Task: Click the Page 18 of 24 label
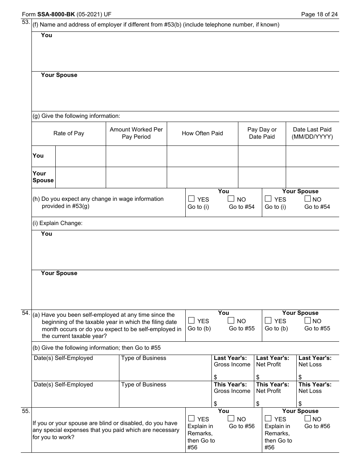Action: pyautogui.click(x=319, y=15)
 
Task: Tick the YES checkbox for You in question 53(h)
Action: pyautogui.click(x=191, y=199)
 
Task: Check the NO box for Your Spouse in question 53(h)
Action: pyautogui.click(x=308, y=199)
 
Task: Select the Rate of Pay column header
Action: pyautogui.click(x=69, y=133)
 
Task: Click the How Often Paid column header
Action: pyautogui.click(x=202, y=133)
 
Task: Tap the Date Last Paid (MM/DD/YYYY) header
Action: pyautogui.click(x=312, y=133)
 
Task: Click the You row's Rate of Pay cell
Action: pyautogui.click(x=80, y=156)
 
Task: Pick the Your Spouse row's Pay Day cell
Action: pyautogui.click(x=261, y=177)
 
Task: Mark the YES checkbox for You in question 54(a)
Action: pyautogui.click(x=191, y=320)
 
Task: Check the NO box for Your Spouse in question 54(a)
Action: pyautogui.click(x=308, y=320)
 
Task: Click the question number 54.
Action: pyautogui.click(x=26, y=313)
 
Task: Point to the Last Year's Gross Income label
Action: pyautogui.click(x=232, y=361)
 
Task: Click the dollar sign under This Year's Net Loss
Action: pyautogui.click(x=300, y=403)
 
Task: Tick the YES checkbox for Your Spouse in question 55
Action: pyautogui.click(x=268, y=418)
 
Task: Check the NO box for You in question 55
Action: pyautogui.click(x=231, y=418)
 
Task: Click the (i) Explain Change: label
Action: pyautogui.click(x=58, y=223)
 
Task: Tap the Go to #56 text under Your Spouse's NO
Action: pyautogui.click(x=317, y=426)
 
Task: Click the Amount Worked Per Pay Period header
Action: pyautogui.click(x=136, y=133)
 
